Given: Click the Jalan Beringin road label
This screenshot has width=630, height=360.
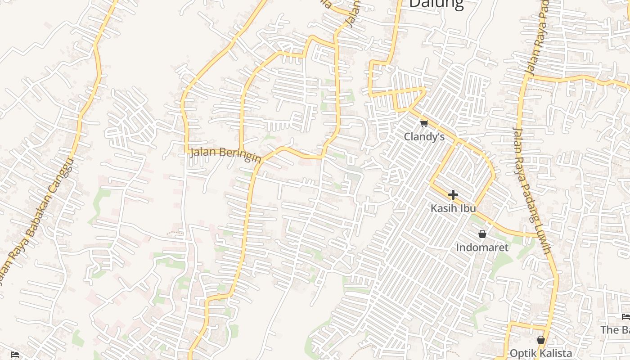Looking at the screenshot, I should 225,155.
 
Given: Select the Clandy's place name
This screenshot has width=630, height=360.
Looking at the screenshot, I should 424,136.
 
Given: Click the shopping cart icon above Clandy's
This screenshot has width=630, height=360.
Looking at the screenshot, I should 424,123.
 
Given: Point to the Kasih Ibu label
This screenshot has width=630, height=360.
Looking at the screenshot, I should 453,208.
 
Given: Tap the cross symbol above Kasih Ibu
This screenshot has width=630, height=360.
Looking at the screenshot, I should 453,195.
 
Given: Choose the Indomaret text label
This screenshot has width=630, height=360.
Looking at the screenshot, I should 482,247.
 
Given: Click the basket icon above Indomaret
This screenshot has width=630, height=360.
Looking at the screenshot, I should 482,234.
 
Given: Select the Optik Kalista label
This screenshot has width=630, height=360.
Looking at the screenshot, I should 540,353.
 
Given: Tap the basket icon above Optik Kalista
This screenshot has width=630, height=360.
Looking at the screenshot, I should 541,340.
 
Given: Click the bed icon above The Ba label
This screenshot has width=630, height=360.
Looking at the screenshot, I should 625,317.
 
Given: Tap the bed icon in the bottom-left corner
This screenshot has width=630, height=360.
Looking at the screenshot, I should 15,354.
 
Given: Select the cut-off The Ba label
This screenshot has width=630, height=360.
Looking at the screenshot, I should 615,330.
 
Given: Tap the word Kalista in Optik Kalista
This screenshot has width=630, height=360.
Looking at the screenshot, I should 554,353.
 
